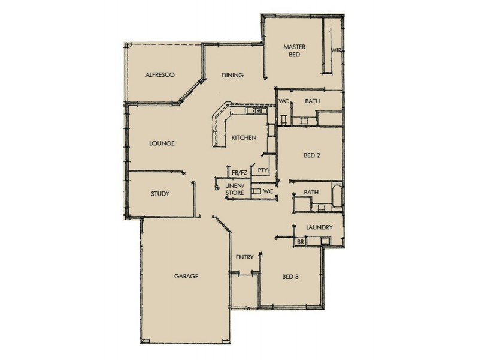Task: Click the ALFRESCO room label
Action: pyautogui.click(x=160, y=75)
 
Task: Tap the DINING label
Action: pyautogui.click(x=232, y=76)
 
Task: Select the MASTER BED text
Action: pyautogui.click(x=295, y=50)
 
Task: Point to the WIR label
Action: pyautogui.click(x=336, y=50)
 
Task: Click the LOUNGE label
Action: pyautogui.click(x=161, y=143)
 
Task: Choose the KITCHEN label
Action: pyautogui.click(x=244, y=138)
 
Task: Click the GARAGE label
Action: pyautogui.click(x=186, y=277)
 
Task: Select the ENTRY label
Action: pyautogui.click(x=245, y=257)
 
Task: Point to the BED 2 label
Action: pyautogui.click(x=312, y=155)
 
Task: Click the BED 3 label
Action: pyautogui.click(x=290, y=277)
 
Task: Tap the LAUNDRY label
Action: pyautogui.click(x=319, y=228)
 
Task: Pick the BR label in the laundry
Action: pyautogui.click(x=301, y=242)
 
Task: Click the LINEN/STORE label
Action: pyautogui.click(x=234, y=190)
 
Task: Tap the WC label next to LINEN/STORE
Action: pyautogui.click(x=268, y=191)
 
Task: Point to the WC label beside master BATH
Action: pyautogui.click(x=283, y=101)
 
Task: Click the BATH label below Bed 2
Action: pyautogui.click(x=311, y=192)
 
